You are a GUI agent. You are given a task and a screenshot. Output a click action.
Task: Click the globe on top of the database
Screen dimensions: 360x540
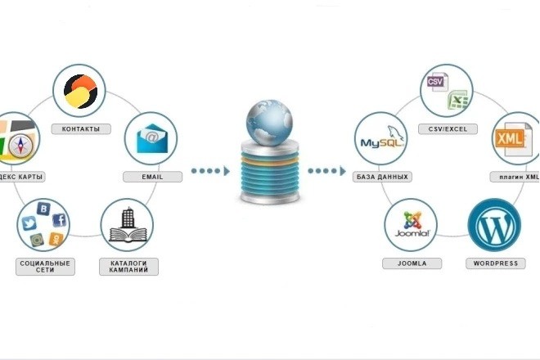268,119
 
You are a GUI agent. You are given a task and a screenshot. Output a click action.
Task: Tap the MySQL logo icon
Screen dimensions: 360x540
381,141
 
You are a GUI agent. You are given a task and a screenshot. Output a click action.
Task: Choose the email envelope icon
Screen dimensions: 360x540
151,137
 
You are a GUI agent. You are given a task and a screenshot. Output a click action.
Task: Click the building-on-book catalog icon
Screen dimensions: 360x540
127,227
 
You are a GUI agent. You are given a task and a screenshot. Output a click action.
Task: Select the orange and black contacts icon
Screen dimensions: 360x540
80,92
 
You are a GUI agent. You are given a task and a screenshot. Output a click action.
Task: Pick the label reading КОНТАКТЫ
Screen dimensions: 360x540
80,129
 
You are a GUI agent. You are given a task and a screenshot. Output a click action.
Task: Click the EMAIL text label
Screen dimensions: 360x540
151,177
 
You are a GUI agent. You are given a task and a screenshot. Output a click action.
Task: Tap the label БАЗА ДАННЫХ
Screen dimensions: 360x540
382,177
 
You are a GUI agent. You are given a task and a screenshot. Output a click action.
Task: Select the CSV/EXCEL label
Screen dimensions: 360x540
447,129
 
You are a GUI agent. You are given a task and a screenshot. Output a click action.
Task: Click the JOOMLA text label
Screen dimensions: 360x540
411,263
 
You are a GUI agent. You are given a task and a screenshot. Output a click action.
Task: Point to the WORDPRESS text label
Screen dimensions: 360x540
494,263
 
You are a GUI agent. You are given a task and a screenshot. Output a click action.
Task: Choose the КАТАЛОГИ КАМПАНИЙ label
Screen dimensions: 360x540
128,267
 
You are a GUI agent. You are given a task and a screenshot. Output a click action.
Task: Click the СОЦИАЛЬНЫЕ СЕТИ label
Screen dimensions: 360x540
44,267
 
